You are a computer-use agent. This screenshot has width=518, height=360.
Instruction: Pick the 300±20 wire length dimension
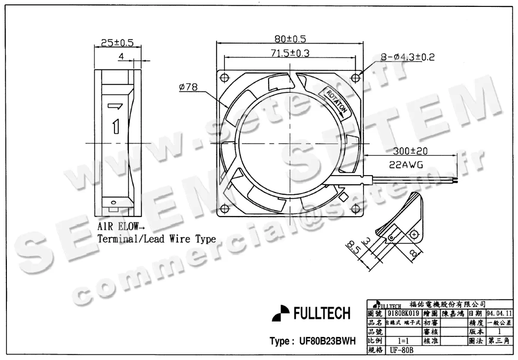[x=411, y=152]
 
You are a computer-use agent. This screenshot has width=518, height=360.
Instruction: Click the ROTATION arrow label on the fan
[x=337, y=102]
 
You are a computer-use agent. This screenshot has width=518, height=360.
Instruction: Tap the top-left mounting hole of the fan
[x=224, y=78]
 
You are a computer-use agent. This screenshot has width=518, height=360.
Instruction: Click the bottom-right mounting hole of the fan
[x=355, y=209]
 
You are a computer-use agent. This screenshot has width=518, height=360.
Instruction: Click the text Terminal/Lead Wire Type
[x=156, y=239]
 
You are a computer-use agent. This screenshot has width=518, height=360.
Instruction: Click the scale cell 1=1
[x=401, y=341]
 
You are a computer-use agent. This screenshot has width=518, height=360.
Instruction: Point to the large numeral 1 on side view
[x=115, y=126]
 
